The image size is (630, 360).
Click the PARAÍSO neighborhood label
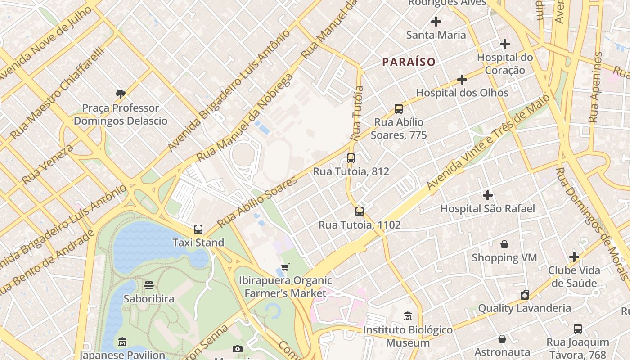pos(409,62)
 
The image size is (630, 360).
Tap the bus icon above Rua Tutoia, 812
pos(351,158)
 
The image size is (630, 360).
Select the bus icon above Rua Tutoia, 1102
pos(359,211)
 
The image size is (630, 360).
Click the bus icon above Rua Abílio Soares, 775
pos(399,109)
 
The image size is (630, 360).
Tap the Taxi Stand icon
pos(198,229)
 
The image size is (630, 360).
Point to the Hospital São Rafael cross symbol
pos(487,195)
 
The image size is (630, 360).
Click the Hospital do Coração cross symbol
pos(505,44)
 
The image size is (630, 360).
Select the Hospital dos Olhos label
pos(462,93)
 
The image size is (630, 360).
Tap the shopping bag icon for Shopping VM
pos(504,244)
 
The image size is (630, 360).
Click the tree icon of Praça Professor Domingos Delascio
pos(120,94)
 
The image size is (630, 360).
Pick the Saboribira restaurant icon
pos(149,285)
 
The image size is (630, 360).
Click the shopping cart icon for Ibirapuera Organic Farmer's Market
pos(285,267)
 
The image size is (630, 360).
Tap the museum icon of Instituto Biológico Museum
pos(408,316)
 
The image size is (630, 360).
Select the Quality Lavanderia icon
pos(524,295)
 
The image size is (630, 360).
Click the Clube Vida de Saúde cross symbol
pos(574,257)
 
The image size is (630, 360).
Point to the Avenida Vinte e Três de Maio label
pos(488,142)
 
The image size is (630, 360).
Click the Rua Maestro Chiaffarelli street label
pos(57,93)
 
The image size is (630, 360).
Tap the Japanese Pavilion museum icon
pos(122,342)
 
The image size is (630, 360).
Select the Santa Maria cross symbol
pos(436,21)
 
